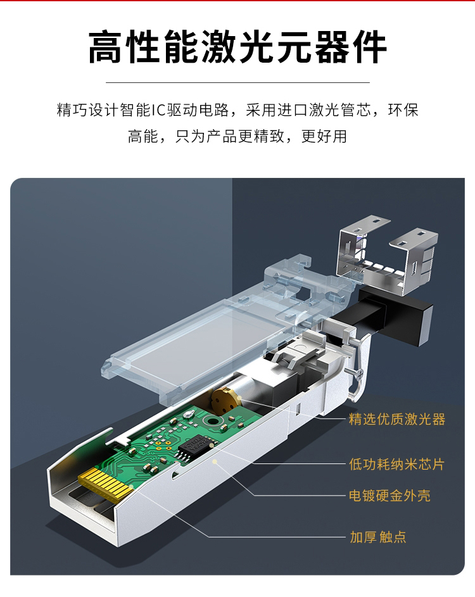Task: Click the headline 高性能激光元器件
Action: tap(237, 47)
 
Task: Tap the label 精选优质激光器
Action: tap(397, 419)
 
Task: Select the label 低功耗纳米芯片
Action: tap(396, 464)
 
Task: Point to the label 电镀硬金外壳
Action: tap(389, 495)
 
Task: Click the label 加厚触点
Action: tap(378, 537)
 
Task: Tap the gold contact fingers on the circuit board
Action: tap(106, 484)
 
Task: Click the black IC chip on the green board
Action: tap(196, 448)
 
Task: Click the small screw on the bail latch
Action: tap(358, 374)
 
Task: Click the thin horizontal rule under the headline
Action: tap(237, 82)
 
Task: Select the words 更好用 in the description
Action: tap(324, 136)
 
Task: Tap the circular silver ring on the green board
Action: tap(213, 421)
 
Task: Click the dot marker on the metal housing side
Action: tap(215, 462)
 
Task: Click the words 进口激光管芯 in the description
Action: tap(324, 110)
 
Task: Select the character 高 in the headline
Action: tap(104, 47)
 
